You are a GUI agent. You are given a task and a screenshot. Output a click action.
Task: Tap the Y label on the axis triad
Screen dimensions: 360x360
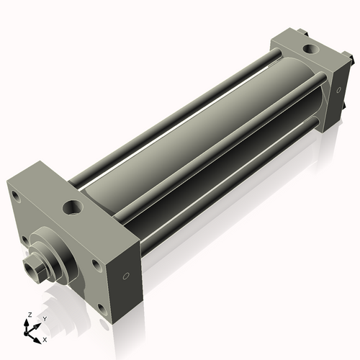point(44,318)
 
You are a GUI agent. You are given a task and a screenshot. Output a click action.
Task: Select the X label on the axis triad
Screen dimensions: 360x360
point(45,338)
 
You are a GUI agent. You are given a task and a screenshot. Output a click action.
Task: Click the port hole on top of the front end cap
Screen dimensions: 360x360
point(73,209)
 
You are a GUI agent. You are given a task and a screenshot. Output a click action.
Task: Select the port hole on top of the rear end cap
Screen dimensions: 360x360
point(310,49)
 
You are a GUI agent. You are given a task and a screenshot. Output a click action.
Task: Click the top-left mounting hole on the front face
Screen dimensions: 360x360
point(15,195)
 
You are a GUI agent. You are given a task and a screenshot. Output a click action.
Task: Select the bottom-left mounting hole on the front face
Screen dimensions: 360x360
point(24,240)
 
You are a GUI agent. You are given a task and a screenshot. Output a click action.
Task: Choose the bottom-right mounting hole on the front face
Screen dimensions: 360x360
point(101,308)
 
